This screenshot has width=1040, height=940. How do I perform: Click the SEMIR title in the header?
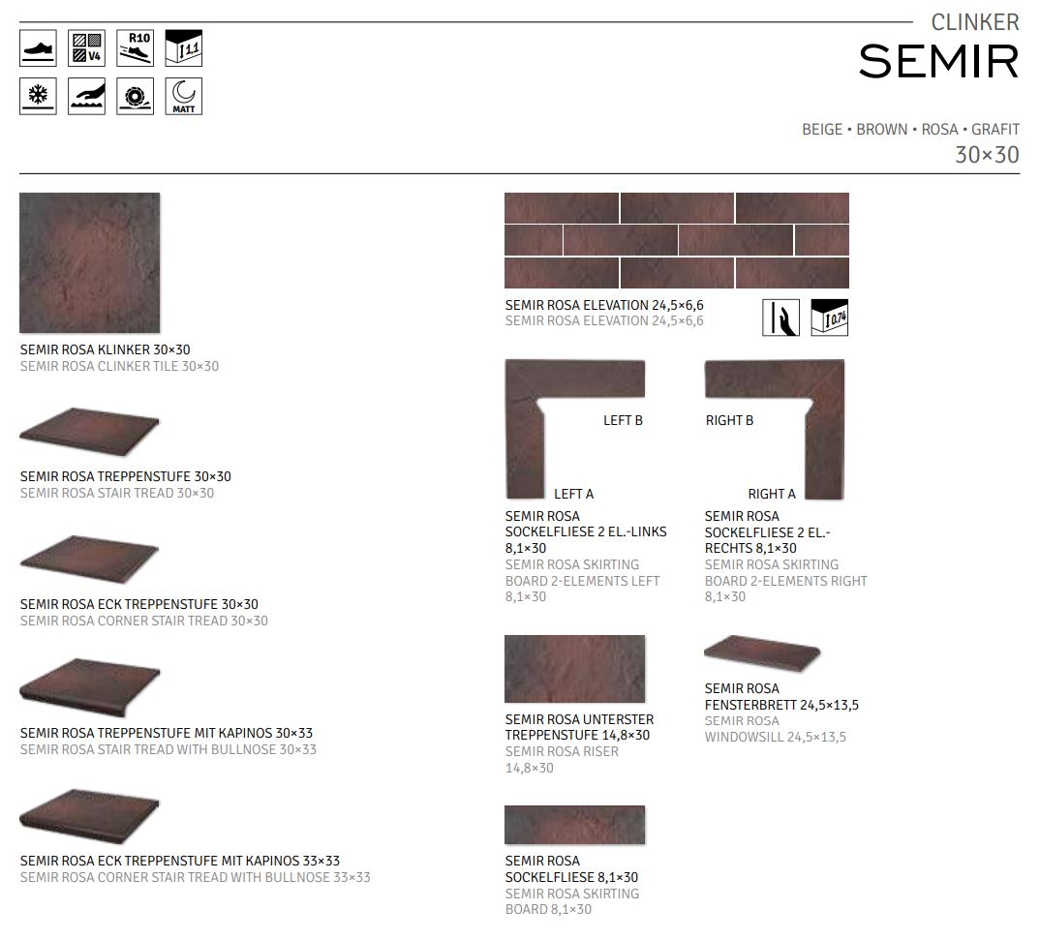click(x=938, y=61)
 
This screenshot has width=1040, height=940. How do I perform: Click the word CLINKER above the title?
click(x=974, y=21)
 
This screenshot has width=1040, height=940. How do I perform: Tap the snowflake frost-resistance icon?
click(x=38, y=96)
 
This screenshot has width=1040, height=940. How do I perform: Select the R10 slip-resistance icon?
click(x=135, y=47)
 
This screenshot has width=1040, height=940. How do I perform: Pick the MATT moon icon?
click(x=183, y=96)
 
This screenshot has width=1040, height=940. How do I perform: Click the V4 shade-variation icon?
click(x=86, y=47)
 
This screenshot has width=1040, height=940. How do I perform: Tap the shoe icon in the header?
click(x=38, y=47)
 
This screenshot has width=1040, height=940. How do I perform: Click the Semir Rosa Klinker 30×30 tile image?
click(x=90, y=262)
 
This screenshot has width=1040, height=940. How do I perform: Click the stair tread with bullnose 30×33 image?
click(x=89, y=688)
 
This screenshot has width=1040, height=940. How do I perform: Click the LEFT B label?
click(x=623, y=420)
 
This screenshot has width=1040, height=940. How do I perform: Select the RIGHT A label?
click(x=772, y=494)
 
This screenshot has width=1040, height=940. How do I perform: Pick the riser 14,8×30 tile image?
click(x=574, y=669)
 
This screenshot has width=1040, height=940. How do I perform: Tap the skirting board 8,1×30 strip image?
click(x=574, y=825)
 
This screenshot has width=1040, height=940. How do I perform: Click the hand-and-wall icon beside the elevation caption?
click(x=780, y=318)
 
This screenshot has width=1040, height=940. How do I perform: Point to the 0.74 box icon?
click(x=829, y=318)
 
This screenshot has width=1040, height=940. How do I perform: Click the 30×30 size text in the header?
click(x=987, y=155)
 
